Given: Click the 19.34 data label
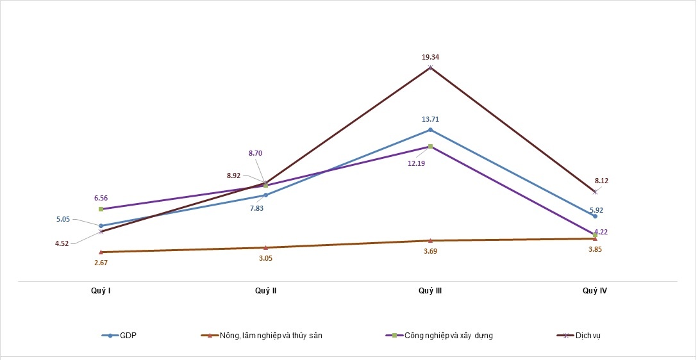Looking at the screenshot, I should tap(430, 57).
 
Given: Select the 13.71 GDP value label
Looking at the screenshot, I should tap(430, 119).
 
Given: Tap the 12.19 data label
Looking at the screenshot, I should tap(416, 163).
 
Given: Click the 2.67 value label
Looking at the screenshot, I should tap(101, 263).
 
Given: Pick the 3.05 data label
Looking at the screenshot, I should tap(266, 258).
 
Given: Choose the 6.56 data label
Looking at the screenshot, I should tap(101, 198).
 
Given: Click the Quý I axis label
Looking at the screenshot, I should tap(101, 290).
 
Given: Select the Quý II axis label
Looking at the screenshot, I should tap(266, 290).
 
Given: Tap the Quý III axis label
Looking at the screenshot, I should tap(430, 290).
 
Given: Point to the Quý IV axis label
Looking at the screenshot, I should tap(595, 290).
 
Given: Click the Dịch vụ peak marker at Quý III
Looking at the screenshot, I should tap(430, 67).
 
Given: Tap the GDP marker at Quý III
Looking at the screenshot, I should tap(430, 129).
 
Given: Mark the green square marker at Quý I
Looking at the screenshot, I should tap(101, 209).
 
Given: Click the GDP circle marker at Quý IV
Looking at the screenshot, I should tap(595, 216).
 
